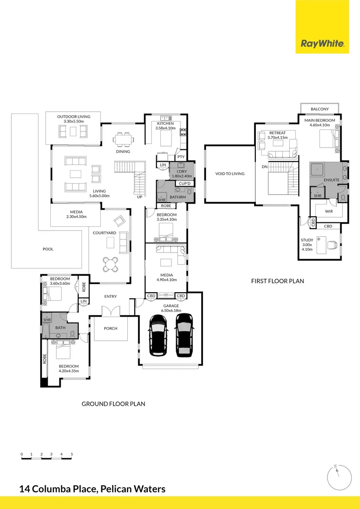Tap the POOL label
point(48,249)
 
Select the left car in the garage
point(158,335)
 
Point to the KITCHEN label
point(165,123)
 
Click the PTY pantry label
point(181,157)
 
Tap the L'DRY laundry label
point(182,172)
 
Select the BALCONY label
point(320,109)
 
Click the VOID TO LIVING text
point(230,173)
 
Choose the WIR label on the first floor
point(329,212)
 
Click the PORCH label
point(110,328)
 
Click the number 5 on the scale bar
point(72,454)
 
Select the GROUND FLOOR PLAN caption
point(113,404)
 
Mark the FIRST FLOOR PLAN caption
point(278,281)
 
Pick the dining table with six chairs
point(123,140)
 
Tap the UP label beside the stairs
point(139,197)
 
